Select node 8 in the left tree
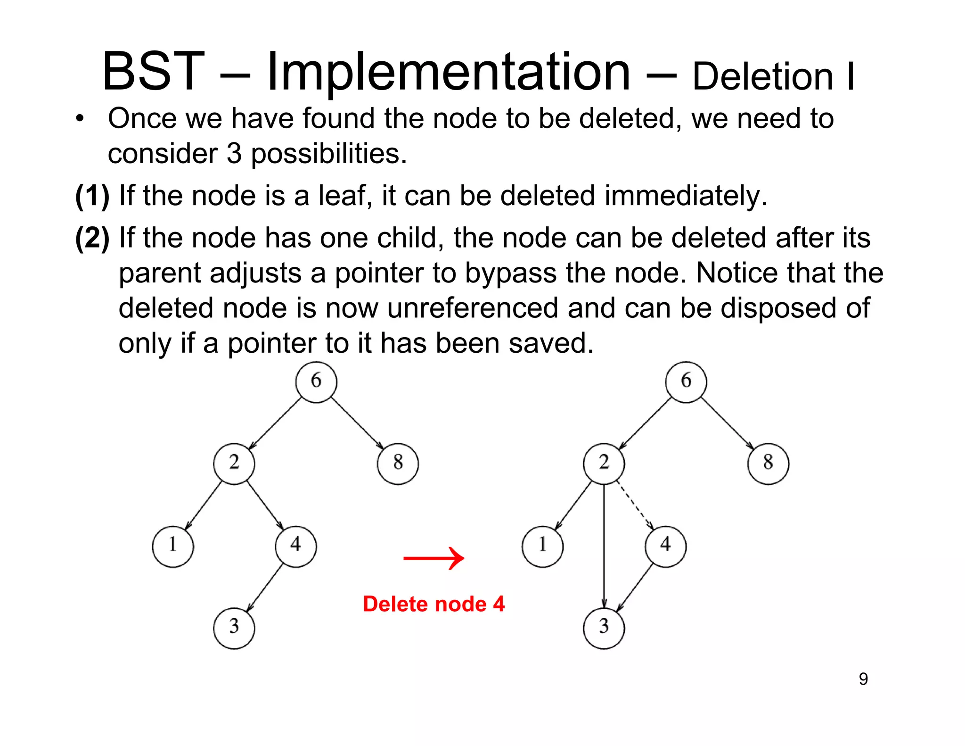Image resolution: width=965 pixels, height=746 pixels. point(398,464)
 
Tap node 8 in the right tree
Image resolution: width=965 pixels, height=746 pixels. point(768,464)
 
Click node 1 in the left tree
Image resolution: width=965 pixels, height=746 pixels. point(173,546)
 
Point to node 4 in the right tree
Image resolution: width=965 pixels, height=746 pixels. point(665,546)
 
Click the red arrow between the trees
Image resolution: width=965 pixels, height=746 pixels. point(433,558)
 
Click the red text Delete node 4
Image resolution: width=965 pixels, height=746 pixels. point(433,604)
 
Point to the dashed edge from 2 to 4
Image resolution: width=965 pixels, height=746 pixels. point(634,504)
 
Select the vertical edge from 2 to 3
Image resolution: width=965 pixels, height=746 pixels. point(604,542)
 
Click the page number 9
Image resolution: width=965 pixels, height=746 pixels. point(863,679)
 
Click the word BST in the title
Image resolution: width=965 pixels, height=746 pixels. point(153,72)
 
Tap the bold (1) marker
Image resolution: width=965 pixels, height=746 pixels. point(92,196)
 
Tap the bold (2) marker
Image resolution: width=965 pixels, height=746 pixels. point(92,238)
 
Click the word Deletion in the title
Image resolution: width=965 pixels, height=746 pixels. point(763,77)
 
